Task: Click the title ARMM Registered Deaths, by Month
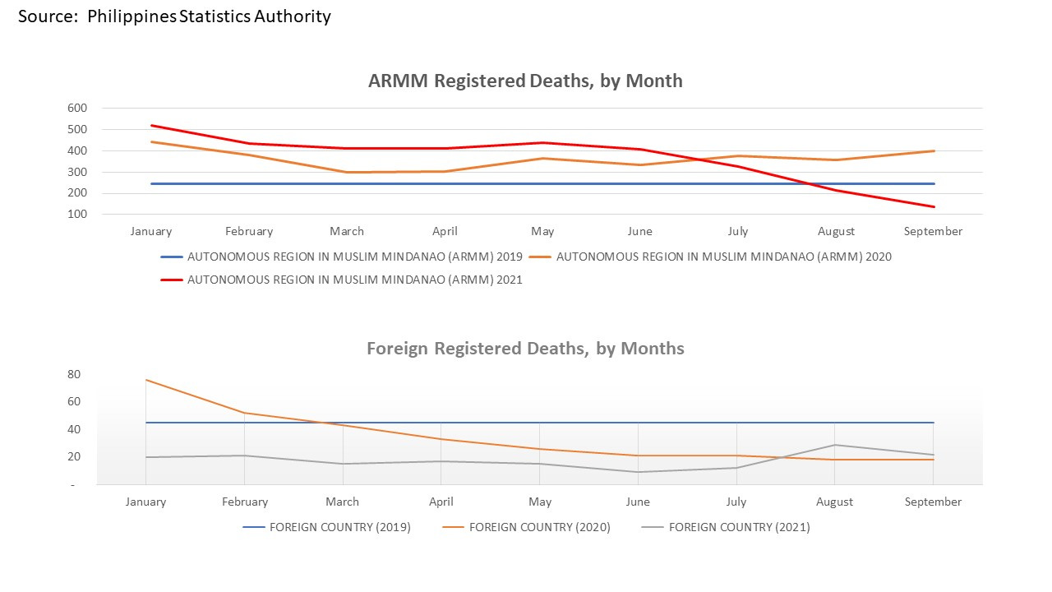tap(525, 81)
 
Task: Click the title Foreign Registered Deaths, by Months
tap(525, 348)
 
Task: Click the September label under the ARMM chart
tap(933, 231)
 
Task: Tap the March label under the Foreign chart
tap(342, 502)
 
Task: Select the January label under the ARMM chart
tap(150, 231)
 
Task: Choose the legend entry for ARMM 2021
tap(354, 280)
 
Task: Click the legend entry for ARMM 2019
tap(354, 257)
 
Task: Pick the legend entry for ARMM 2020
tap(723, 257)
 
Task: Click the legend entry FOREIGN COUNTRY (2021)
tap(739, 527)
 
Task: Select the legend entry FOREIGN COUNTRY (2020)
tap(539, 527)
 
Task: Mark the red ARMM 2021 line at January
tap(150, 126)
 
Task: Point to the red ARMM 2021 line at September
tap(934, 206)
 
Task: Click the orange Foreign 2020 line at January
tap(146, 380)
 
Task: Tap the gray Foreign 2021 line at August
tap(835, 445)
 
